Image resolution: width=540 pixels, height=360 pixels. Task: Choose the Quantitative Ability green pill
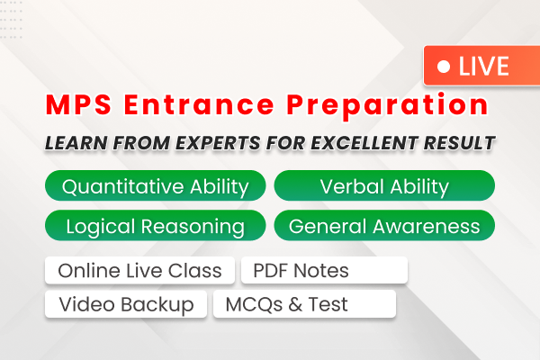click(x=155, y=186)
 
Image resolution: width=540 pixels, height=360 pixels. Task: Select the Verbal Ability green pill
click(x=384, y=186)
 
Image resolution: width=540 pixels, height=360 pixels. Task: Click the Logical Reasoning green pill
click(x=155, y=225)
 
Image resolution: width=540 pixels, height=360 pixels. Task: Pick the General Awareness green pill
click(x=384, y=225)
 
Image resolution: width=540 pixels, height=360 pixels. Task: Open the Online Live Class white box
click(x=139, y=270)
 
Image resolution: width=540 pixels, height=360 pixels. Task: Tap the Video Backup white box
click(x=126, y=304)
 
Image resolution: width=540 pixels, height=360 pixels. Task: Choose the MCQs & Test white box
click(x=304, y=304)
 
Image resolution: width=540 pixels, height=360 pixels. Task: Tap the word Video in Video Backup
click(x=85, y=304)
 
